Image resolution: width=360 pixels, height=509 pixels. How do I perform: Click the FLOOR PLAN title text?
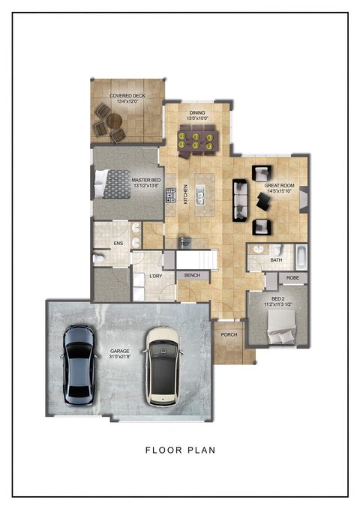pos(180,451)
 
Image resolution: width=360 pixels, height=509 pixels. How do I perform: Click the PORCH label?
pos(229,334)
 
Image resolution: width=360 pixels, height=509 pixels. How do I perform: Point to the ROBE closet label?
pos(293,277)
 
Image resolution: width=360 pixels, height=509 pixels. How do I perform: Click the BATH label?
pos(277,260)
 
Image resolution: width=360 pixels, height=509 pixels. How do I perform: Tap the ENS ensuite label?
pos(118,244)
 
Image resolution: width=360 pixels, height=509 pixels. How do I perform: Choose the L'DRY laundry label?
pos(157,277)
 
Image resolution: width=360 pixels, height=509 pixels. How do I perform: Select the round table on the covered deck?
pos(113,121)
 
